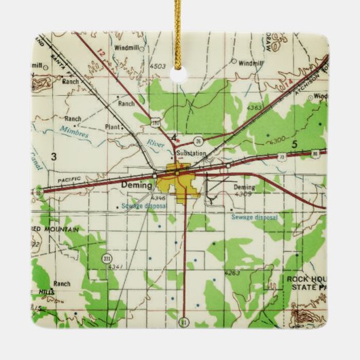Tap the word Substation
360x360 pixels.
pyautogui.click(x=191, y=154)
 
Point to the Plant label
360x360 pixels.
pyautogui.click(x=113, y=127)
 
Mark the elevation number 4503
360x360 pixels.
pyautogui.click(x=158, y=66)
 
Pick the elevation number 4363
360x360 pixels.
pyautogui.click(x=254, y=107)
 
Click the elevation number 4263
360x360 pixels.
pyautogui.click(x=232, y=273)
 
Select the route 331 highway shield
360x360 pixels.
pyautogui.click(x=107, y=259)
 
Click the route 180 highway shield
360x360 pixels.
pyautogui.click(x=156, y=123)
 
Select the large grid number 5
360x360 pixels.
pyautogui.click(x=294, y=145)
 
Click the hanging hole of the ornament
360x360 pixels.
pyautogui.click(x=179, y=74)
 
